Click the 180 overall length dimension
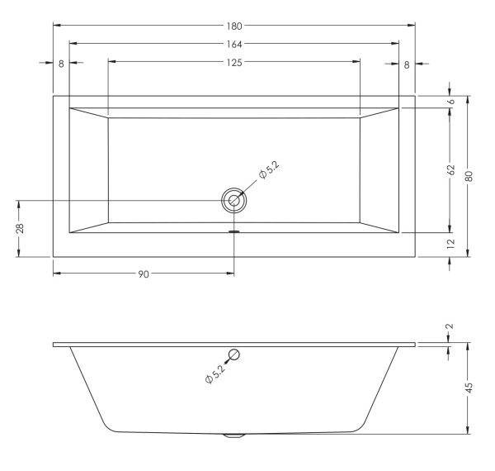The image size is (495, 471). coord(234,26)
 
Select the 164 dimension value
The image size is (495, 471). coord(234,45)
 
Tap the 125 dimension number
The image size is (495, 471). coord(234,63)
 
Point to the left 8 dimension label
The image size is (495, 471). coord(61,64)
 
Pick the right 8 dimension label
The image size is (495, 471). coord(407,64)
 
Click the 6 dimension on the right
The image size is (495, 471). coord(451,102)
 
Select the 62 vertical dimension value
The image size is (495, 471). coord(451,169)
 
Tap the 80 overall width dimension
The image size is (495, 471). coord(469,176)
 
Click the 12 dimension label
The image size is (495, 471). coord(451,243)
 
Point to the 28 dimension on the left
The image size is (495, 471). coord(20,228)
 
